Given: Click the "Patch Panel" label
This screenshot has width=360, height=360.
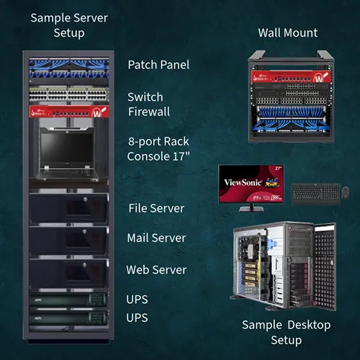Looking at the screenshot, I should pyautogui.click(x=158, y=65).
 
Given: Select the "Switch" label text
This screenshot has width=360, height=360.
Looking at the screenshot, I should pyautogui.click(x=145, y=97).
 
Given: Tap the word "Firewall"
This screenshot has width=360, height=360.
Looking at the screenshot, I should pyautogui.click(x=149, y=112).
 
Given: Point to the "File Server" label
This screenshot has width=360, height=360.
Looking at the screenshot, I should pyautogui.click(x=156, y=208).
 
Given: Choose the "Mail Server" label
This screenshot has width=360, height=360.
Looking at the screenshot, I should pyautogui.click(x=156, y=238).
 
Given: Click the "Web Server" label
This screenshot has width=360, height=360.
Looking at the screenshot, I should pyautogui.click(x=156, y=270).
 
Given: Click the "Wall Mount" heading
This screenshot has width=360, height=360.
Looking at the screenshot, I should pyautogui.click(x=288, y=33).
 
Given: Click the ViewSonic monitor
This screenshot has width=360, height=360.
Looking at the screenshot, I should pyautogui.click(x=251, y=184).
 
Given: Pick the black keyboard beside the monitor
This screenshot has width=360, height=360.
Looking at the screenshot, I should pyautogui.click(x=315, y=193).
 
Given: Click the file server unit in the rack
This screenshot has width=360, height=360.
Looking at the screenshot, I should pyautogui.click(x=69, y=208).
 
